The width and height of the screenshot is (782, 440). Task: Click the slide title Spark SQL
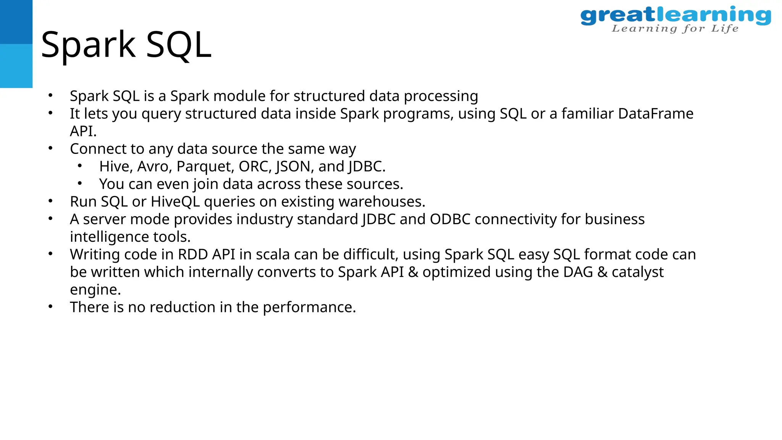click(x=126, y=45)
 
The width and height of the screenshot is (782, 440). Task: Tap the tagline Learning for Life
click(x=675, y=29)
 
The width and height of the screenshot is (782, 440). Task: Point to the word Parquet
click(x=204, y=167)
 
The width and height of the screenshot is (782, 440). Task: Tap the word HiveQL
click(x=175, y=202)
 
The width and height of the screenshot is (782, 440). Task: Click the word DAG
click(x=578, y=272)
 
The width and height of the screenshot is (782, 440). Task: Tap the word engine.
click(x=95, y=290)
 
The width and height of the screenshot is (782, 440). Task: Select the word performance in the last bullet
click(x=309, y=307)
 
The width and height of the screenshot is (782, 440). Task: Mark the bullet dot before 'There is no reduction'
click(x=50, y=306)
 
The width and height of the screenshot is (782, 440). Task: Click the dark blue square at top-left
click(x=16, y=22)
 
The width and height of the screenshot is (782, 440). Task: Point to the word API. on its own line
click(x=83, y=131)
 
